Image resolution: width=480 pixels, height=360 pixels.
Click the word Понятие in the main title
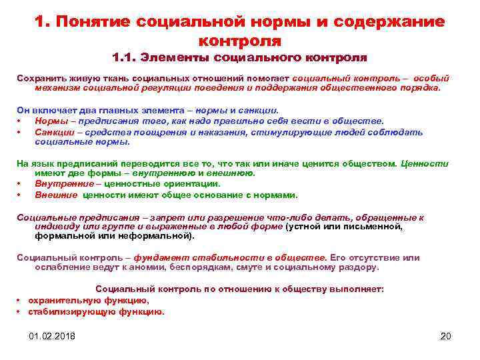[94, 22]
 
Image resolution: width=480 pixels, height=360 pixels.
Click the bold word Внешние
[56, 195]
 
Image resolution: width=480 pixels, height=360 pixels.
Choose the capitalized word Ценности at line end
[426, 163]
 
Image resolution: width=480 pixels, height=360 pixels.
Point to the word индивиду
[54, 227]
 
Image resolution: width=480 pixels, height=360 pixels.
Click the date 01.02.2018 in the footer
[52, 336]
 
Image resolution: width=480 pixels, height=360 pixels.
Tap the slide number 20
[446, 336]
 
